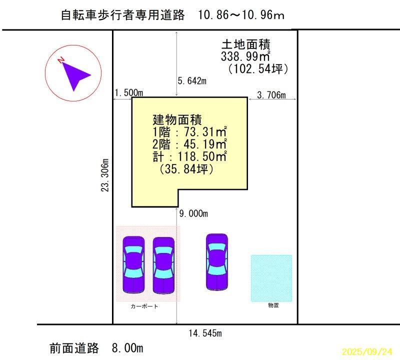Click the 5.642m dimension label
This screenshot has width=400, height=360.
[x=192, y=81]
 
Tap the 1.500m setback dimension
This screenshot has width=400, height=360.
[x=129, y=93]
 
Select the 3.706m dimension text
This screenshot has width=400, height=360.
[x=271, y=95]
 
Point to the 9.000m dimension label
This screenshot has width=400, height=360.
[x=193, y=214]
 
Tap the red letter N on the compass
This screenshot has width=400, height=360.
[x=61, y=60]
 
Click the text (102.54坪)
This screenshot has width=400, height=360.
[x=257, y=68]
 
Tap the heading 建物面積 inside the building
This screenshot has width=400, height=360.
[x=177, y=120]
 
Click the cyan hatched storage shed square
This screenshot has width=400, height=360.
[x=271, y=278]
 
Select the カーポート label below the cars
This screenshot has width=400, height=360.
[x=144, y=306]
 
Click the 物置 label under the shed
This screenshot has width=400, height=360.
[x=273, y=305]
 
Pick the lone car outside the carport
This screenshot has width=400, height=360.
[x=217, y=261]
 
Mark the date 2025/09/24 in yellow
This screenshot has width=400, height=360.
[x=367, y=351]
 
